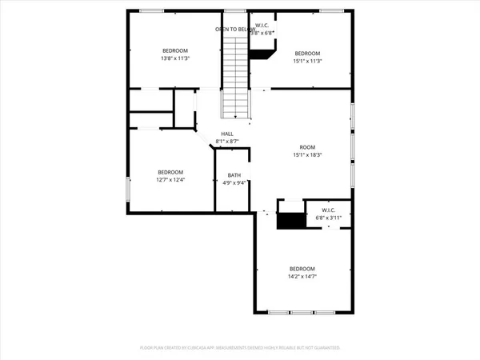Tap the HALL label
pyautogui.click(x=227, y=134)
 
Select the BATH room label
pyautogui.click(x=234, y=175)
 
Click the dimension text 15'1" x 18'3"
pyautogui.click(x=307, y=155)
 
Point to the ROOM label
pyautogui.click(x=307, y=147)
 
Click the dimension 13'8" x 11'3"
pyautogui.click(x=175, y=58)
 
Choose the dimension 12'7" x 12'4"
pyautogui.click(x=170, y=180)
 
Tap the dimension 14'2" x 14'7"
pyautogui.click(x=302, y=276)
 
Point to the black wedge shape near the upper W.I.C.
pyautogui.click(x=262, y=54)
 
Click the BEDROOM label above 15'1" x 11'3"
pyautogui.click(x=307, y=53)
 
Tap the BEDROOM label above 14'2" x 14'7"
pyautogui.click(x=302, y=268)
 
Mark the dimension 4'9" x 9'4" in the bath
pyautogui.click(x=234, y=183)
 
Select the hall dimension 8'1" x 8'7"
pyautogui.click(x=227, y=142)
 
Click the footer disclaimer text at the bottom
pyautogui.click(x=240, y=348)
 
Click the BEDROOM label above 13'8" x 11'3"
pyautogui.click(x=175, y=50)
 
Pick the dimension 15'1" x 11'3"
pyautogui.click(x=307, y=61)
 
